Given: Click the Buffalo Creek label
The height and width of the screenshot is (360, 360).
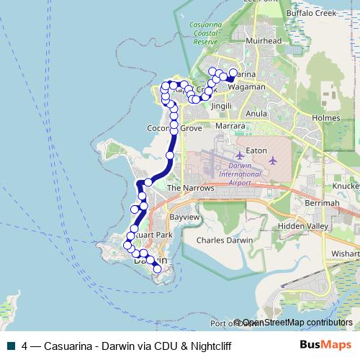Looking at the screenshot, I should [312, 13].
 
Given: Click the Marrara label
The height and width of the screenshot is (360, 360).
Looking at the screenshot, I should [230, 125].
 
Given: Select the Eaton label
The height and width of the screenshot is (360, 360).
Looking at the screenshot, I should [256, 150].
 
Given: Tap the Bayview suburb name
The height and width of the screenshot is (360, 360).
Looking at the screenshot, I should [183, 217].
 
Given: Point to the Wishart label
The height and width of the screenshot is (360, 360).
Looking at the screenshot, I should [346, 254].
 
